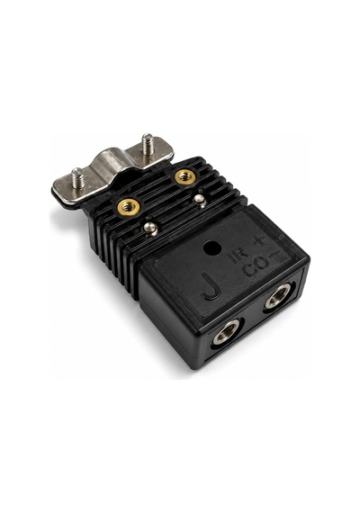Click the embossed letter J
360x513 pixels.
click(x=210, y=285)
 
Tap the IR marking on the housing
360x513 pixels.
click(x=238, y=256)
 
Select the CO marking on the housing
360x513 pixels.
click(x=256, y=269)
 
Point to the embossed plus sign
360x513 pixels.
click(x=259, y=241)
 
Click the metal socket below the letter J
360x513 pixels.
click(x=226, y=332)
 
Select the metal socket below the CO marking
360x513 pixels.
click(x=277, y=296)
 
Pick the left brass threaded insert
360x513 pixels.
click(x=127, y=206)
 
